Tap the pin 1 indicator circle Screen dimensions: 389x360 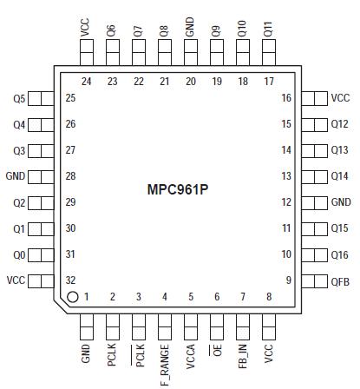coord(73,297)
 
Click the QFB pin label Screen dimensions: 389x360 coord(340,280)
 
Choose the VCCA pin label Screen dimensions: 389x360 coord(190,358)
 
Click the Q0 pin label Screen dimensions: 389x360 coord(19,254)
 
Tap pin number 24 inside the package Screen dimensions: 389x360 coord(86,82)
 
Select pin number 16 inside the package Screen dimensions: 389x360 coord(285,98)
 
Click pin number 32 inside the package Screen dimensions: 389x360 coord(70,280)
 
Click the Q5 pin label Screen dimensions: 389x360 coord(19,98)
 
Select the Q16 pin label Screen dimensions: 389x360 coord(340,254)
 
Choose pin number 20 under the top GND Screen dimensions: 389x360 coord(190,82)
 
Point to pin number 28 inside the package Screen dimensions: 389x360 coord(70,176)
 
